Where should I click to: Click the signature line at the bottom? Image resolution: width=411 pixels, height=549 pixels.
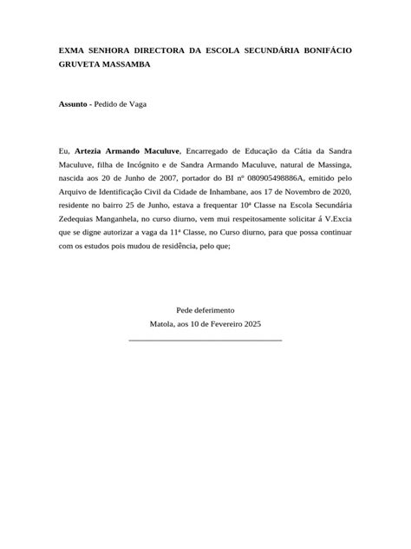pyautogui.click(x=205, y=340)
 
